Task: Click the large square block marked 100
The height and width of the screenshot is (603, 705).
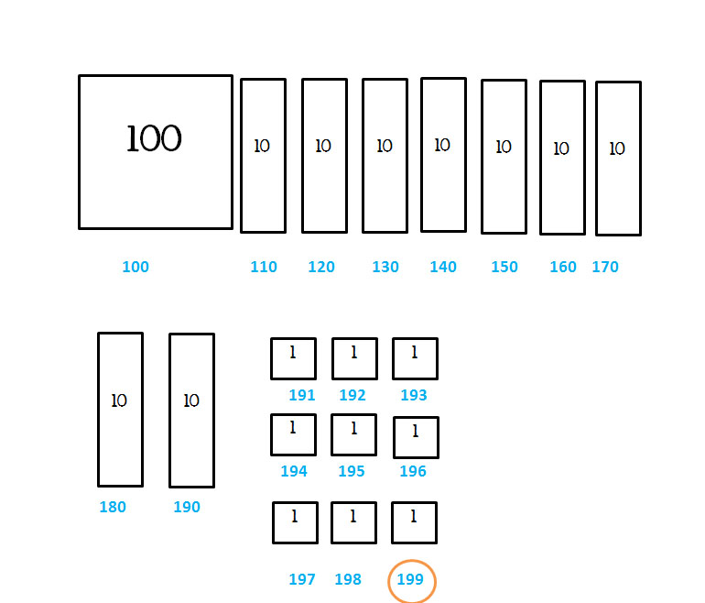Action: (x=156, y=152)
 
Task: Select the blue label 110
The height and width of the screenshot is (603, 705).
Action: (x=264, y=268)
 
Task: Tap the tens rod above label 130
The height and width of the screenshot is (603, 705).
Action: (x=385, y=156)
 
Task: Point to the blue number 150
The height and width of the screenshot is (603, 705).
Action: (x=504, y=268)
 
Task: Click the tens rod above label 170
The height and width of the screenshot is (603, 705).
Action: (x=618, y=159)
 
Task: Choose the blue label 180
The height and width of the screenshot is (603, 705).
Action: (x=113, y=508)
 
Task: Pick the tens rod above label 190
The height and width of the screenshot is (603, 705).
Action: (x=191, y=411)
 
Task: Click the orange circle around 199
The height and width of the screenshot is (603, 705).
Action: (x=411, y=581)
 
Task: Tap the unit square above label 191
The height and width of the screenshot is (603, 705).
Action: (x=293, y=358)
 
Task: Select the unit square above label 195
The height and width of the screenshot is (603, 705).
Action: (x=353, y=434)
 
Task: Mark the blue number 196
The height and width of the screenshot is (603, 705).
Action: (x=413, y=472)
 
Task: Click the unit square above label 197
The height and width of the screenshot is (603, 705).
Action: (x=295, y=522)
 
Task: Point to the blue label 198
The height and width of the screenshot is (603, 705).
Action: (x=348, y=580)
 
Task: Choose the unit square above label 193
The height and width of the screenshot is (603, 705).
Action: (x=415, y=358)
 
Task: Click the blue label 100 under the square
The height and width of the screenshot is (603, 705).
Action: (x=136, y=268)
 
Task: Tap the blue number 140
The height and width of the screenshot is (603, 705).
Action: (x=443, y=268)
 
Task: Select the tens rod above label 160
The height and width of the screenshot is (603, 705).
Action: (x=562, y=158)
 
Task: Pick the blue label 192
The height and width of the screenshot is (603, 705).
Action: (x=352, y=396)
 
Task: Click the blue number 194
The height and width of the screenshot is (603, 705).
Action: (x=294, y=472)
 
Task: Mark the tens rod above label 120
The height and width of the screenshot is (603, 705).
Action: (x=324, y=156)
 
